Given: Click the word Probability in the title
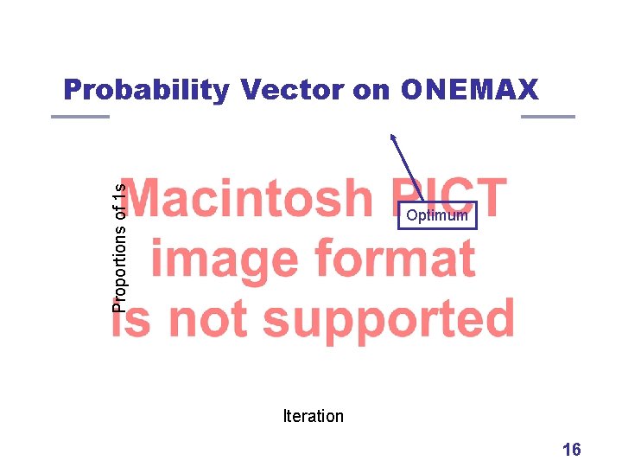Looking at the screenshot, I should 146,89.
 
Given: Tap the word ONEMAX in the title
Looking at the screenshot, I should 469,89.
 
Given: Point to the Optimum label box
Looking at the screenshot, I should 437,215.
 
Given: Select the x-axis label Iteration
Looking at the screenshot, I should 313,416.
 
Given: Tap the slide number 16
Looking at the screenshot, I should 571,449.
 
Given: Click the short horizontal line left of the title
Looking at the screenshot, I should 79,117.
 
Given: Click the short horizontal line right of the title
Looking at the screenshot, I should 548,117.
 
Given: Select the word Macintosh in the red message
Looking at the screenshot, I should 251,199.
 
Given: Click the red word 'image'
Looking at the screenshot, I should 225,259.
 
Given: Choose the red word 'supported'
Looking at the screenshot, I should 389,320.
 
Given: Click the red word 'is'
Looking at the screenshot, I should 132,320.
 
